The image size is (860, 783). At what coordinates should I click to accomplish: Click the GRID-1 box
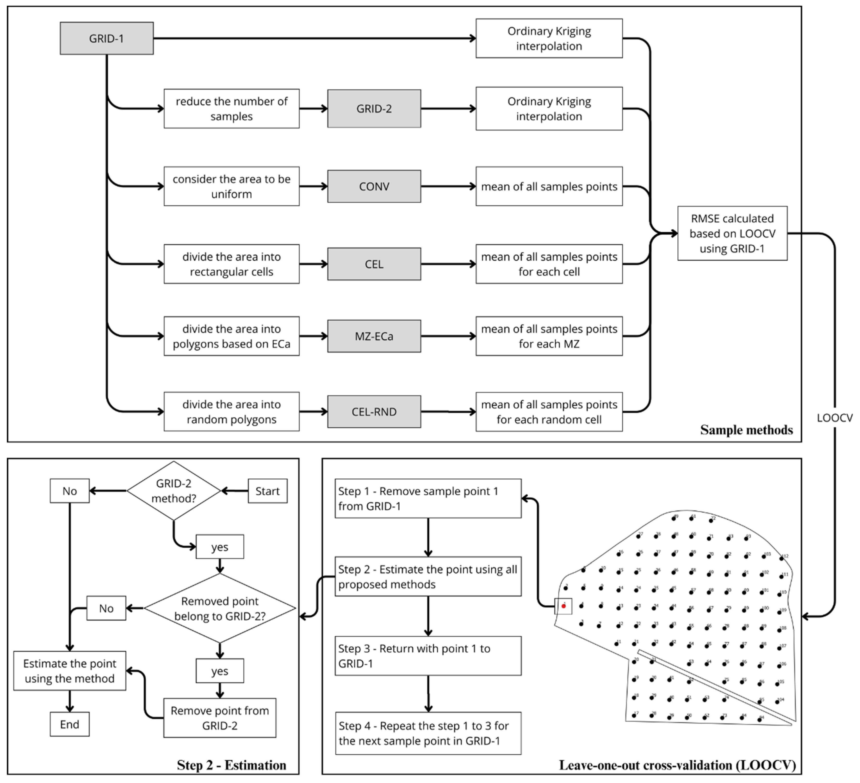(x=107, y=38)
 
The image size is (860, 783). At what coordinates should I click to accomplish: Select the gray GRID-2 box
(x=374, y=109)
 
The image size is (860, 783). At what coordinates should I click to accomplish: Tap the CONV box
(x=374, y=186)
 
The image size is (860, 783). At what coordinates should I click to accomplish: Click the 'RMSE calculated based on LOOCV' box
(x=732, y=233)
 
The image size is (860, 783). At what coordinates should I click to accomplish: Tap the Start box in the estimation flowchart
(x=267, y=491)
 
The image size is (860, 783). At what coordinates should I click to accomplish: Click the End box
(x=69, y=724)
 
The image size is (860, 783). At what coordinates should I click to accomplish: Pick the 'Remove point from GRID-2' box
(x=220, y=718)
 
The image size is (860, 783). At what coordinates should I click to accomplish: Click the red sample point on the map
(x=563, y=606)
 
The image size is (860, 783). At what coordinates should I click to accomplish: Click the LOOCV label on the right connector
(x=834, y=418)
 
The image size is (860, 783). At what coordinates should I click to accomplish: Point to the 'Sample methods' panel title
(x=747, y=430)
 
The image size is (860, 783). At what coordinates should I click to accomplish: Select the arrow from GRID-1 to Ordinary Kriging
(x=314, y=38)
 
